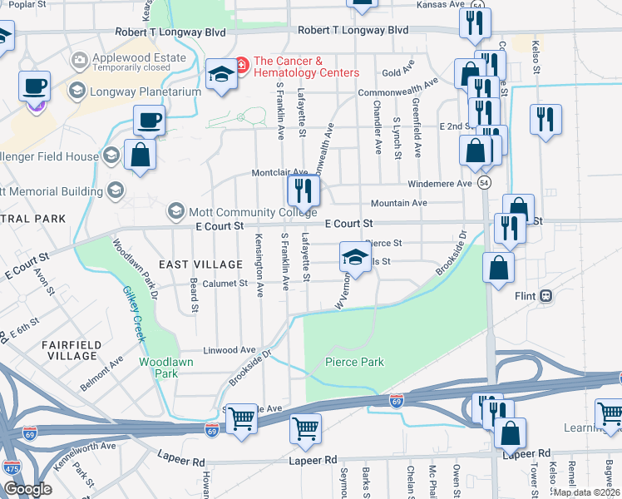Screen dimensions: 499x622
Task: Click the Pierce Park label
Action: tap(354, 362)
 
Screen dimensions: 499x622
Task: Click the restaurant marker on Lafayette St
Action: tap(303, 191)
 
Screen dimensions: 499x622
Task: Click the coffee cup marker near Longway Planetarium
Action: tap(149, 120)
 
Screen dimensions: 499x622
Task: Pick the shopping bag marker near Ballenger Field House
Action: tap(140, 154)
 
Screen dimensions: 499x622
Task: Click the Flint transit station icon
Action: tap(546, 295)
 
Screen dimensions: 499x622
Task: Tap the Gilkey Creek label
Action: tap(135, 314)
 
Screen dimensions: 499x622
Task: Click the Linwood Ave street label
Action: tap(235, 350)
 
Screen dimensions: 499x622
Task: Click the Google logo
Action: tap(27, 489)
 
